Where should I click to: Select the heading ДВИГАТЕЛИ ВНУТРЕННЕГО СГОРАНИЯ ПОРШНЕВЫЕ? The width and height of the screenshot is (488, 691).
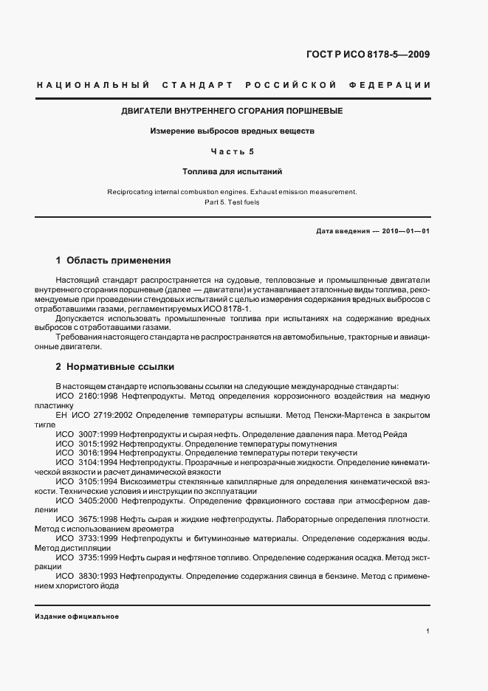232,111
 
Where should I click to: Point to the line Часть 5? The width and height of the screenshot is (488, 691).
232,151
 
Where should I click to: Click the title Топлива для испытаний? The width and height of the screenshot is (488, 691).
232,171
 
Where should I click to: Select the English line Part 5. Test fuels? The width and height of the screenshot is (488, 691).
232,202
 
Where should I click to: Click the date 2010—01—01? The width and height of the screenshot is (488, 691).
405,231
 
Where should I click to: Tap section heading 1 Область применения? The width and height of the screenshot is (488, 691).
113,261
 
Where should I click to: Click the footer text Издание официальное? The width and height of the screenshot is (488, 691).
77,616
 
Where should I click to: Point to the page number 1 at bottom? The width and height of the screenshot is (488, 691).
428,631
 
